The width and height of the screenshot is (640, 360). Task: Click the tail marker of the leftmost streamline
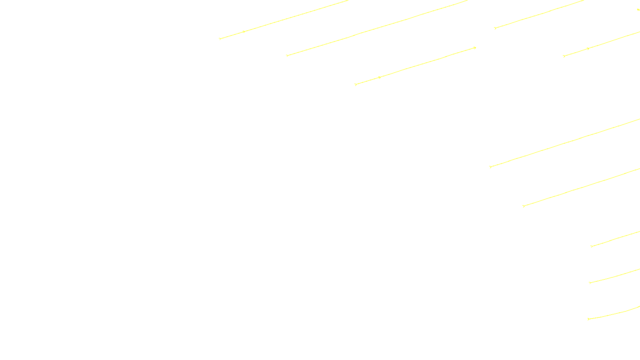coord(220,39)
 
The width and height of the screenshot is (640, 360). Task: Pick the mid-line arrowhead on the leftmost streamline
coord(244,32)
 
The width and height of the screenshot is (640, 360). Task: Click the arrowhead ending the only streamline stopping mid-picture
coord(475,48)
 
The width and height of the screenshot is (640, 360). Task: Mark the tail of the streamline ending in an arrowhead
coord(356,84)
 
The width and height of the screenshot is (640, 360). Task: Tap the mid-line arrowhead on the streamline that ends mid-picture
coord(380,77)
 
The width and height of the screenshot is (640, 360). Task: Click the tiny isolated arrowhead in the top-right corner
coord(638,10)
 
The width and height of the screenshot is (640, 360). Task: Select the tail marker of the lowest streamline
coord(588,319)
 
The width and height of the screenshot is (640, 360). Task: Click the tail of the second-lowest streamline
coord(590,283)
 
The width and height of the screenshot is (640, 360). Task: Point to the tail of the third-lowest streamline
coord(592,246)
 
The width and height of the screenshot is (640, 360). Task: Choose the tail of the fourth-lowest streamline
coord(524,206)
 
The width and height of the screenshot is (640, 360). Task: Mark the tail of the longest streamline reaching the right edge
coord(490,167)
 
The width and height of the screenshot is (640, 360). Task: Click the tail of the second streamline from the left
coord(287,56)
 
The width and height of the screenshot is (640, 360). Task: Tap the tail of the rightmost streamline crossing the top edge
coord(495,28)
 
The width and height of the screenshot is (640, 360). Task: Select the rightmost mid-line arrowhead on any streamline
coord(588,49)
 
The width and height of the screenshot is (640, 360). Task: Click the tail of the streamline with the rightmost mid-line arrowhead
coord(564,56)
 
